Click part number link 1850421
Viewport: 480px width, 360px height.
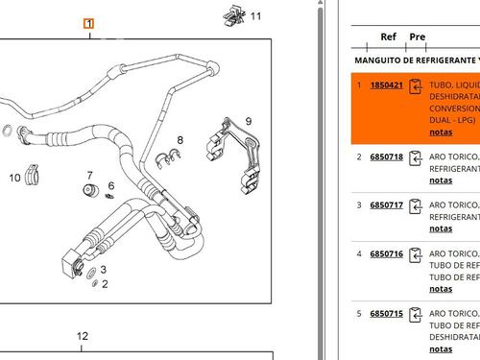point(387,85)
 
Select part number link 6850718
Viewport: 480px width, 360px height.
point(387,156)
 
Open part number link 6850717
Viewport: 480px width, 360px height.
point(387,204)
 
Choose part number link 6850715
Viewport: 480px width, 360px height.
point(387,313)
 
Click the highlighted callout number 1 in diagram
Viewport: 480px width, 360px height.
point(88,23)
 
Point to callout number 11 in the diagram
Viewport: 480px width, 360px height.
point(254,16)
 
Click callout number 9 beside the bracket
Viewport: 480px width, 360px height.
point(248,121)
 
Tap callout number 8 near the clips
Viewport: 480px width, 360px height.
point(179,140)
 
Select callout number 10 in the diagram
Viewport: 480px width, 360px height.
point(15,178)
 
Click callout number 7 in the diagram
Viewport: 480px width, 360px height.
point(90,175)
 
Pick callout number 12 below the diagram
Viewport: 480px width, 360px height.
point(83,336)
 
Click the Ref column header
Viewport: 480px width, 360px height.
point(388,37)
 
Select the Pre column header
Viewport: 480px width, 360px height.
point(417,37)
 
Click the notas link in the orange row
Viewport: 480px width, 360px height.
point(441,132)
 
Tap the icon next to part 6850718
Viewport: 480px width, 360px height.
point(416,157)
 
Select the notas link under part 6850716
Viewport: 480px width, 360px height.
point(441,288)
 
